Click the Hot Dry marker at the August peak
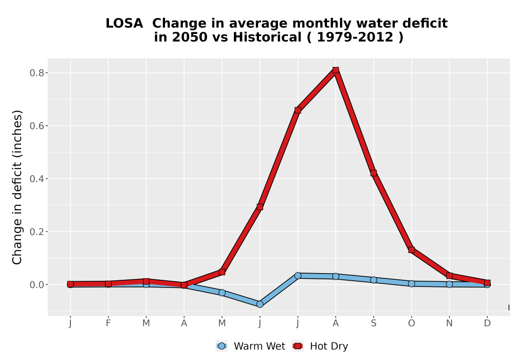point(335,70)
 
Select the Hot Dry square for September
point(373,173)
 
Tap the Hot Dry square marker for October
point(411,250)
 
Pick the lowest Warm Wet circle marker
point(260,304)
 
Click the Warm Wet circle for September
point(373,280)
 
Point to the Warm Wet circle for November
point(449,284)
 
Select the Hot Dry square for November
point(449,276)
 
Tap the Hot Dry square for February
point(108,284)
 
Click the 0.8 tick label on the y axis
point(36,73)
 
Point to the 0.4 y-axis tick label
point(36,178)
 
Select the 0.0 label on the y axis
point(36,285)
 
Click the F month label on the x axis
point(108,323)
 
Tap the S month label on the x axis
point(373,323)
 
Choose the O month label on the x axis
point(411,323)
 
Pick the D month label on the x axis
point(487,323)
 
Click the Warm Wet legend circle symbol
point(222,346)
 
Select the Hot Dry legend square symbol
point(298,346)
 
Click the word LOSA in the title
point(124,24)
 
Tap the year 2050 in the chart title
point(190,38)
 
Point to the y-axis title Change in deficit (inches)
point(17,187)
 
